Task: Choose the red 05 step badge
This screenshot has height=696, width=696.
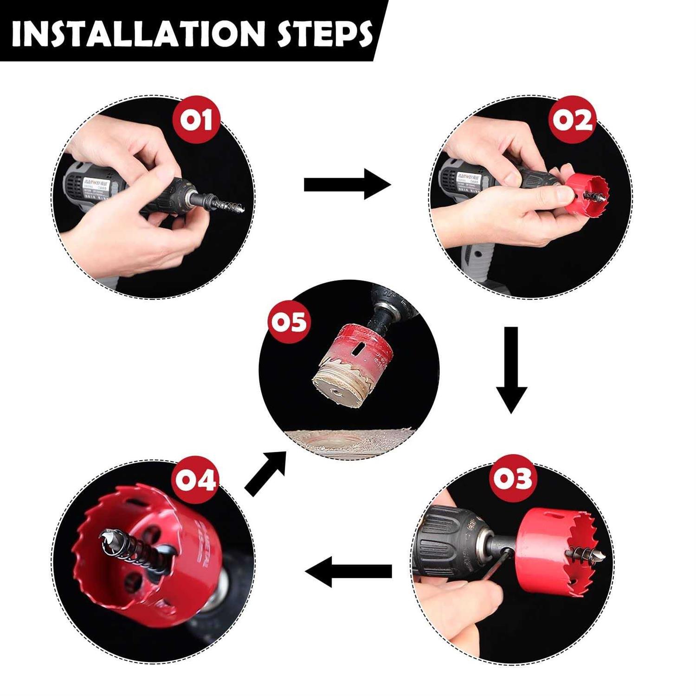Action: pos(289,322)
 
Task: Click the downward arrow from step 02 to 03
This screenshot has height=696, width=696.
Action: pos(511,369)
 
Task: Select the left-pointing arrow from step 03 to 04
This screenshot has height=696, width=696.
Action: pos(348,572)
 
